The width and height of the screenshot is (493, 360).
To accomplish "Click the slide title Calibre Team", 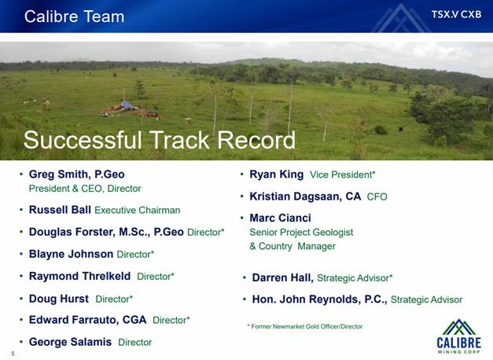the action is click(74, 17).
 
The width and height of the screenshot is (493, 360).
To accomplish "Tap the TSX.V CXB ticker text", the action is click(456, 14).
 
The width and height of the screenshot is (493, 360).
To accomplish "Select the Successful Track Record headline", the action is click(160, 140).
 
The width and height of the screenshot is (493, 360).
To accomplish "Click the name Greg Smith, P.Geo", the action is click(77, 174).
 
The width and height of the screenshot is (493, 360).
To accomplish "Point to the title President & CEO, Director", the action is click(85, 189).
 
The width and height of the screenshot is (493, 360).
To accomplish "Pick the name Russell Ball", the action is click(60, 210).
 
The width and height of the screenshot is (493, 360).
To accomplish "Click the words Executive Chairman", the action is click(138, 210).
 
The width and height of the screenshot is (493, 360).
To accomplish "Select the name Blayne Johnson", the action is click(71, 254).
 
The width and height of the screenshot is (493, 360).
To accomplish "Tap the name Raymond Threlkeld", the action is click(79, 276).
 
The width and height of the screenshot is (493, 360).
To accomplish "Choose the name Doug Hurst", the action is click(59, 299).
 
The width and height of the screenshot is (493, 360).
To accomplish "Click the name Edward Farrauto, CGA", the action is click(88, 320).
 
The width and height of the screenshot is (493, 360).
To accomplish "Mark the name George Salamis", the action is click(70, 342).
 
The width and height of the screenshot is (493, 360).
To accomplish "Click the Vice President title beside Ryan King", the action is click(342, 174).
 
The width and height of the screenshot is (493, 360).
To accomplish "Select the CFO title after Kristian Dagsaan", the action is click(377, 197).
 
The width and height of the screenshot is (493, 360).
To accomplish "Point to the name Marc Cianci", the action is click(280, 218).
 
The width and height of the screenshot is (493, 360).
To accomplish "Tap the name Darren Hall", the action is click(282, 278).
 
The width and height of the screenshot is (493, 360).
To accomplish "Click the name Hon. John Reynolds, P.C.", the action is click(319, 299).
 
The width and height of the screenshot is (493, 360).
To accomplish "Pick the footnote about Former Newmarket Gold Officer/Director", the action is click(305, 326).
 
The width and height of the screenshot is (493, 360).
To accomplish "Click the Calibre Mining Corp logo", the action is click(458, 336).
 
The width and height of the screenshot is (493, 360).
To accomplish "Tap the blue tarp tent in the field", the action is click(127, 105).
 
